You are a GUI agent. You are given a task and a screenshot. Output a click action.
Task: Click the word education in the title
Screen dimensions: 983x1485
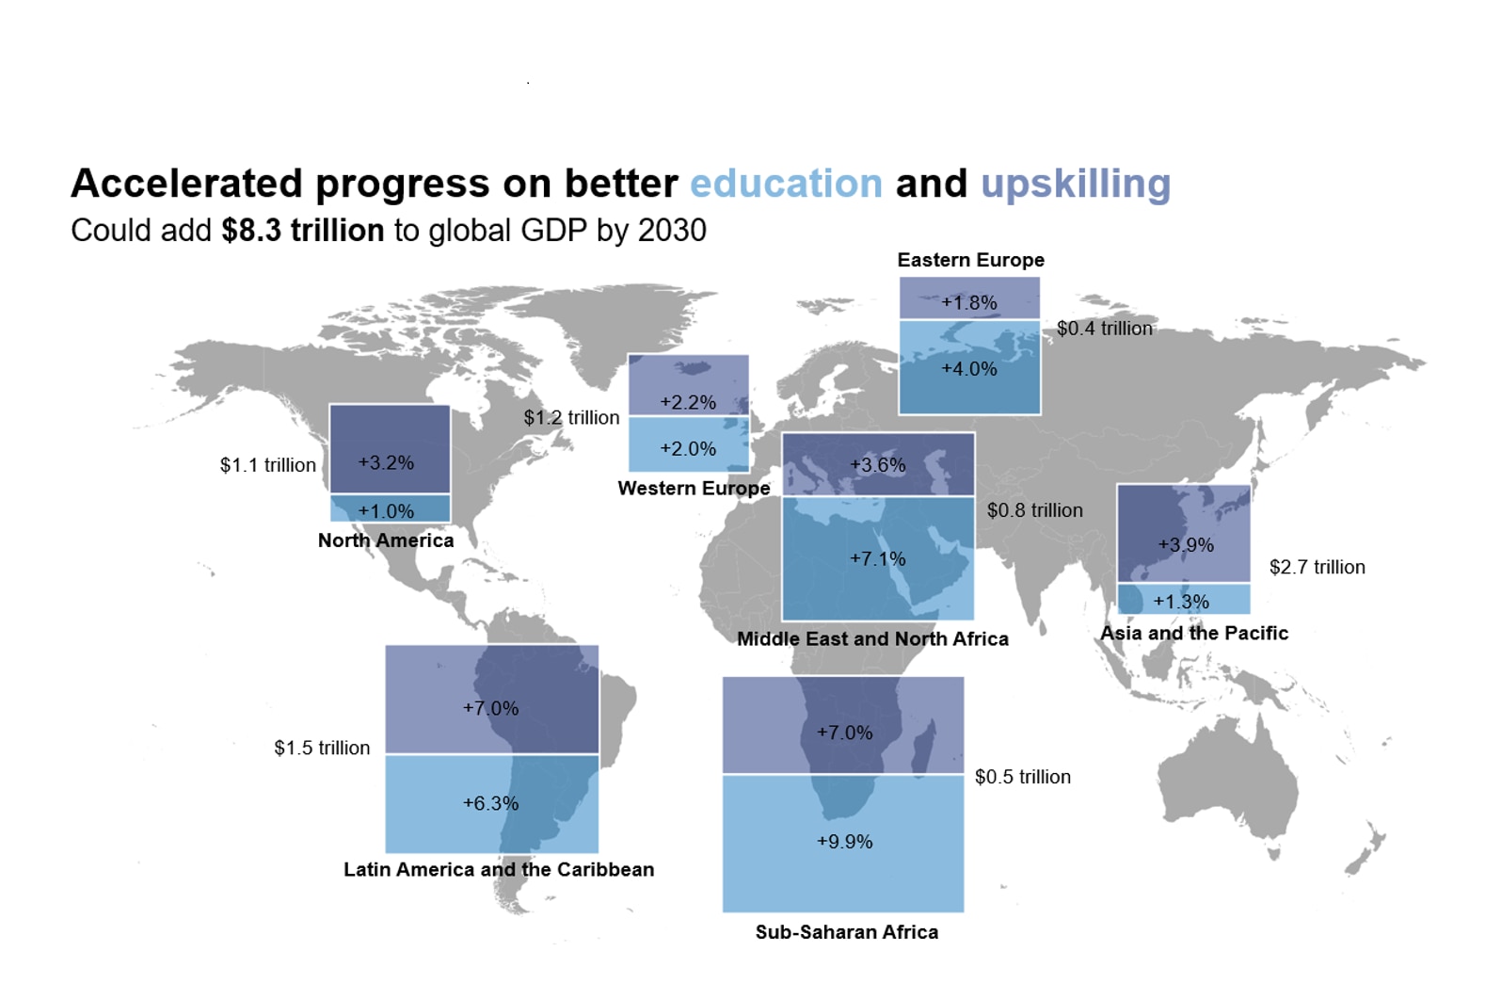[786, 185]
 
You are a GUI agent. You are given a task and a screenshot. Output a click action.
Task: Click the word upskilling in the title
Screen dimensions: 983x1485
[1076, 185]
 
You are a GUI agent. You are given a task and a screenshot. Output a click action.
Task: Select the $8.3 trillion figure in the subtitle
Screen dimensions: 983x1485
[303, 231]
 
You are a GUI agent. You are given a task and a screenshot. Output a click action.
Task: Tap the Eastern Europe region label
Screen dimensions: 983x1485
[970, 260]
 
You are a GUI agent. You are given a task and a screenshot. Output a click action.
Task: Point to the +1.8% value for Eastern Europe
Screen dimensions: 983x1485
[969, 302]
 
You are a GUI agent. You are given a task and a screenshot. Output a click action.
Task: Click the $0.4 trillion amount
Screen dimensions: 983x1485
[1104, 329]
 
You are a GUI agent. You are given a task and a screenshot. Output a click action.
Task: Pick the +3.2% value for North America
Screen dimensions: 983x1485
[386, 462]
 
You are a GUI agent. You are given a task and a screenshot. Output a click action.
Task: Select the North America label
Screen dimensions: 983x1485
[386, 540]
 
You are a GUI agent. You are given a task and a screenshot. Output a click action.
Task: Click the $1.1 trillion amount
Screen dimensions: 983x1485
[268, 465]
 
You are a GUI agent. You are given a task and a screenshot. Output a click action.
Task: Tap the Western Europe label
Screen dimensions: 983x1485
[694, 488]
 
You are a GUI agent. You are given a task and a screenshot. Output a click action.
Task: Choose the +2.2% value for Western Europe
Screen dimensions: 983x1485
[688, 402]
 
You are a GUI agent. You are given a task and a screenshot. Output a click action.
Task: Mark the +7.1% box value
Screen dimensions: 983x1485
[877, 558]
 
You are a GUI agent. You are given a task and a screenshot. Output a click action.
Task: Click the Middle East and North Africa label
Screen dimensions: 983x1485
[872, 638]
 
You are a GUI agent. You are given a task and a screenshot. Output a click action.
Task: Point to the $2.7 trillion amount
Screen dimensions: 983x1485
[1317, 567]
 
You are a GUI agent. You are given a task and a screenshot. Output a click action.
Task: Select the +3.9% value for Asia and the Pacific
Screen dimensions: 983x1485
[1186, 544]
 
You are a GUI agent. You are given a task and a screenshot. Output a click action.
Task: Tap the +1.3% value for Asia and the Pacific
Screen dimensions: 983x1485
[1181, 601]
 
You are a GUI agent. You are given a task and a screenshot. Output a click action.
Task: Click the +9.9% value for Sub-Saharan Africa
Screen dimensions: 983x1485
[844, 841]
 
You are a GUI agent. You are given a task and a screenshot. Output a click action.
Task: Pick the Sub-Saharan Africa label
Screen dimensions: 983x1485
[846, 932]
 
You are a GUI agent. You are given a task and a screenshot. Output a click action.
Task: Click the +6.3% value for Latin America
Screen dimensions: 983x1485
[490, 803]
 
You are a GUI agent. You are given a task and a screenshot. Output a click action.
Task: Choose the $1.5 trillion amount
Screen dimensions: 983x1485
[322, 748]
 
